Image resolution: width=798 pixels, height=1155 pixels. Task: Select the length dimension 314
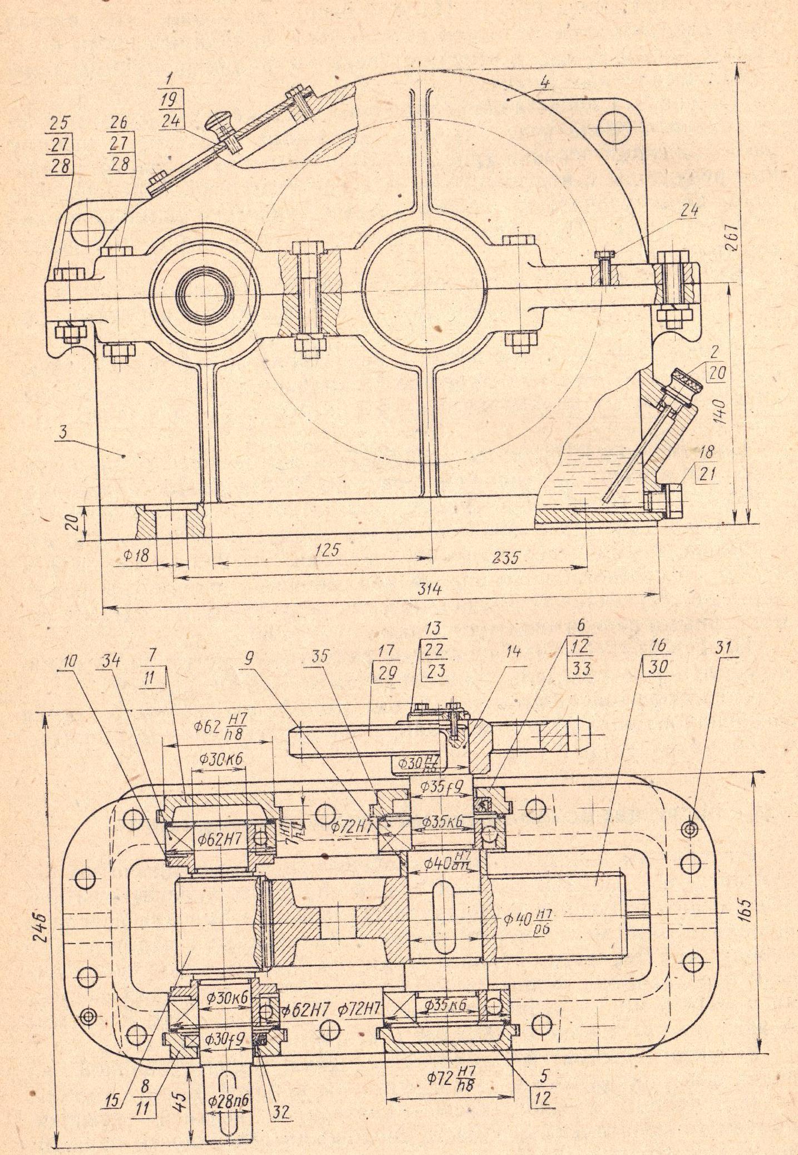430,589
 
